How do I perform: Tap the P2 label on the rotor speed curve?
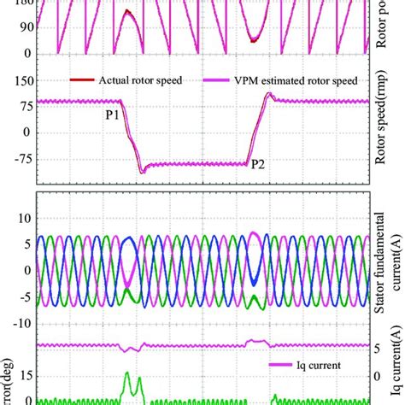click(x=258, y=169)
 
